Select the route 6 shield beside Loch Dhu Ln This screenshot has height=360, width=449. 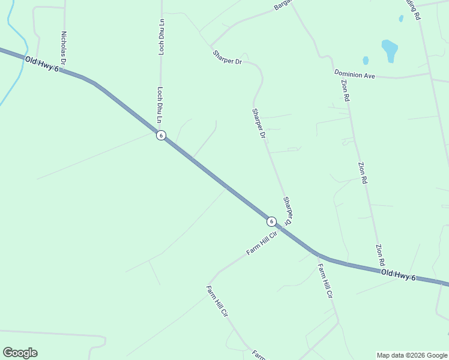pyautogui.click(x=161, y=135)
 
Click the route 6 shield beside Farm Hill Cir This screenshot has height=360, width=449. pyautogui.click(x=271, y=221)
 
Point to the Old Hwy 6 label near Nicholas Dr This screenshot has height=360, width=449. pyautogui.click(x=42, y=62)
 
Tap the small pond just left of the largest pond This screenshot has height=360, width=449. pyautogui.click(x=365, y=61)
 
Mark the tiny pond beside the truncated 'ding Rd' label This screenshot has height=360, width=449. pyautogui.click(x=401, y=19)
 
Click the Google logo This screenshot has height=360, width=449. pyautogui.click(x=20, y=352)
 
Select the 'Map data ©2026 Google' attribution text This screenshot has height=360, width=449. pyautogui.click(x=412, y=355)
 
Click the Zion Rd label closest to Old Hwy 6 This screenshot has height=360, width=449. pyautogui.click(x=380, y=255)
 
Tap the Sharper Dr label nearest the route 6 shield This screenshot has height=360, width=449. pyautogui.click(x=288, y=211)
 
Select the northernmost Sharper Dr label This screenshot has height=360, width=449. pyautogui.click(x=226, y=58)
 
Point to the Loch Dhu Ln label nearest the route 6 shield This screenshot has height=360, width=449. pyautogui.click(x=160, y=105)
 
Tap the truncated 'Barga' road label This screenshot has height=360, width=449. pyautogui.click(x=282, y=5)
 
